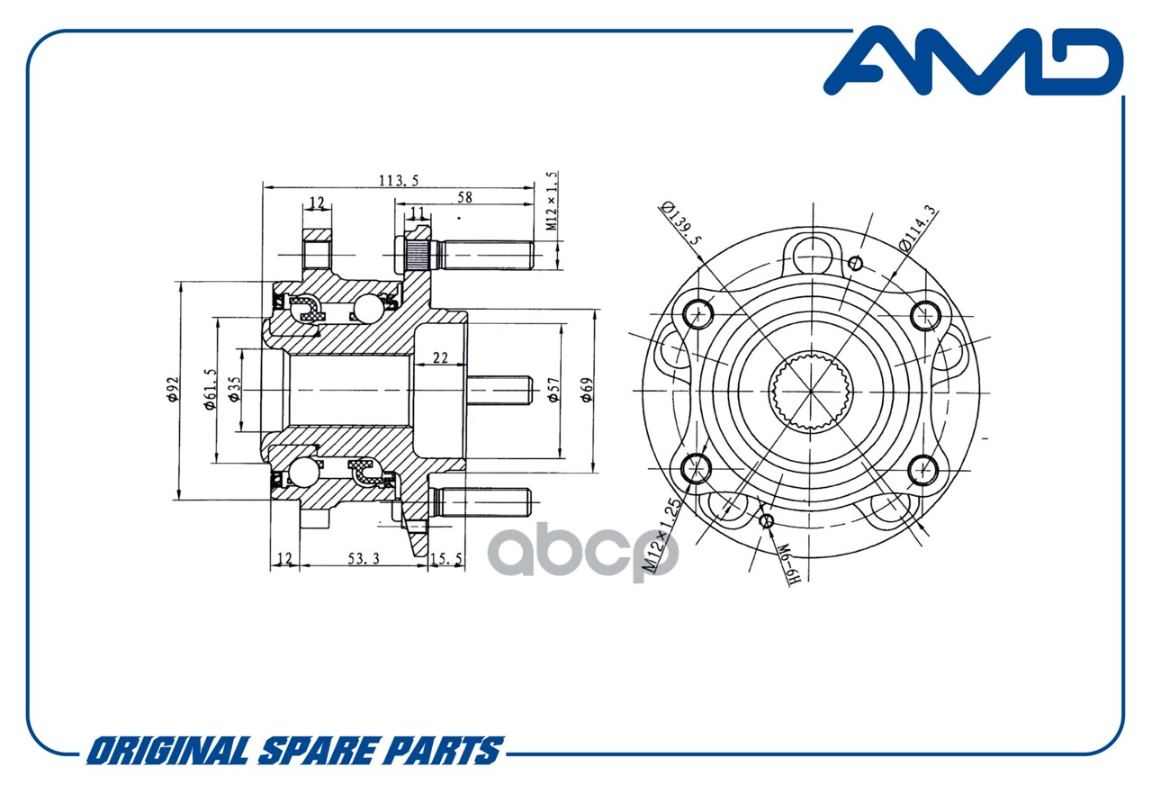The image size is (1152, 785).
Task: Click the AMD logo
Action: click(x=974, y=62)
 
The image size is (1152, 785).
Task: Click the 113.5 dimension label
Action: click(x=399, y=181)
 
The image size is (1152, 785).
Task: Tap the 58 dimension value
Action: click(x=464, y=197)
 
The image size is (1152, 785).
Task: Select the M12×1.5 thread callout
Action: click(x=552, y=201)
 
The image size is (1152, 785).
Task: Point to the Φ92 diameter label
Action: click(x=174, y=390)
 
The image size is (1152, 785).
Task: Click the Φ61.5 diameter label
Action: click(x=211, y=390)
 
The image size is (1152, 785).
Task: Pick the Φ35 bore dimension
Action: click(x=234, y=390)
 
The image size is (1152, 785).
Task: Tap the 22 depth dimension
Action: click(x=440, y=357)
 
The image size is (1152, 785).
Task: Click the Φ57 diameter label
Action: click(x=553, y=390)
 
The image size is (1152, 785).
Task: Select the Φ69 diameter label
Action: click(x=587, y=390)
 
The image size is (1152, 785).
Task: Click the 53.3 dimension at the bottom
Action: click(x=364, y=559)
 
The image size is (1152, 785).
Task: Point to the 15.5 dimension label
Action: click(x=445, y=559)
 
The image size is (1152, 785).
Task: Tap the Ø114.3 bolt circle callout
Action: click(x=917, y=228)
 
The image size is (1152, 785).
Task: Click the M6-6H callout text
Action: click(x=787, y=564)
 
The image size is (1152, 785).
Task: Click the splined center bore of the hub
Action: click(x=811, y=392)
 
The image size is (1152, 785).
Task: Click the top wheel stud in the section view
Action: click(x=465, y=255)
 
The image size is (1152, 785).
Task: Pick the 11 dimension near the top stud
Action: click(x=417, y=212)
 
